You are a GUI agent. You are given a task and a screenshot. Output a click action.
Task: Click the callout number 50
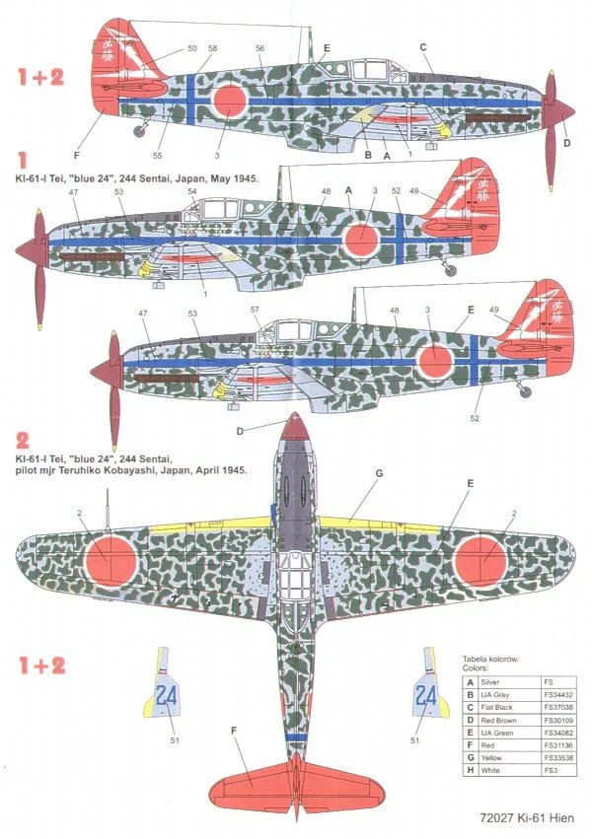point(191,47)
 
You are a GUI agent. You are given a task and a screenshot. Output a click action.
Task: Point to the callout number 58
point(213,47)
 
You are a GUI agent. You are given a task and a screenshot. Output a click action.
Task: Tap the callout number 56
point(259,47)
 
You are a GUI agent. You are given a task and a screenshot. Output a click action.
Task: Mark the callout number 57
point(255,309)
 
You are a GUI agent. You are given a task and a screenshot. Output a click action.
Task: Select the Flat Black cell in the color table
point(500,707)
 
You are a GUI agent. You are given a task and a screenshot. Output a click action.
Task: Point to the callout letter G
point(378,472)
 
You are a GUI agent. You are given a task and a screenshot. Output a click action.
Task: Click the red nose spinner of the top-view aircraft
point(292,426)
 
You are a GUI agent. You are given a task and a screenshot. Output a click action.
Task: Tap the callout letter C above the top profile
point(422,46)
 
